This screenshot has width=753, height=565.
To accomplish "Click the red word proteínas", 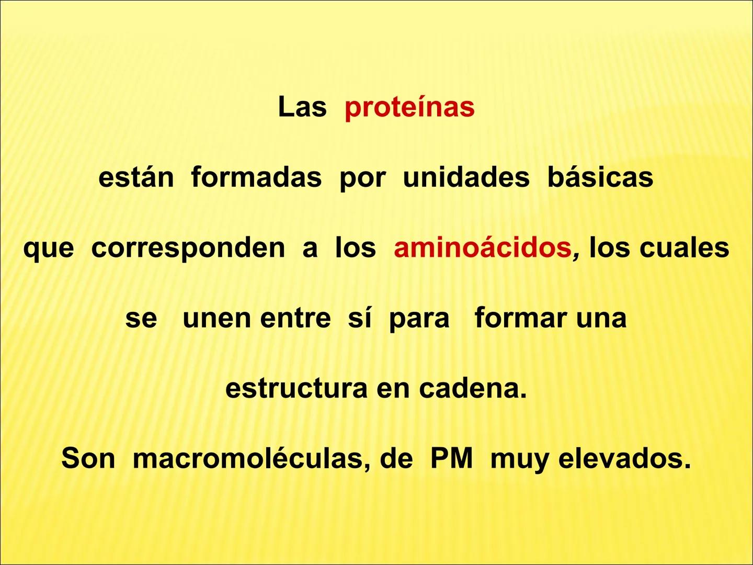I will tap(409, 107).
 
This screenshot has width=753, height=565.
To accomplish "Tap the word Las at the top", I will tap(302, 107).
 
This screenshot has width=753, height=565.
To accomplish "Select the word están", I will tap(136, 177).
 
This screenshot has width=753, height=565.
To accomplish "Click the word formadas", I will tap(256, 177).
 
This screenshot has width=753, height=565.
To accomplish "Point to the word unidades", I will tap(466, 177).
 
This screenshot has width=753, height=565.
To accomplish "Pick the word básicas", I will tap(600, 177).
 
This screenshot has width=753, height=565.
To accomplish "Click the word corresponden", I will tap(188, 248).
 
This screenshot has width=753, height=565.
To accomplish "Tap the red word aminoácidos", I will tap(483, 248).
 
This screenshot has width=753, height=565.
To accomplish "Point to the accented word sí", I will tap(360, 318).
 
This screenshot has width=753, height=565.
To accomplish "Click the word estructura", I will tap(296, 389).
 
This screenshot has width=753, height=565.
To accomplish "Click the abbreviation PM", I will tap(451, 459).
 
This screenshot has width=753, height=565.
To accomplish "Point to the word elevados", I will tap(624, 459).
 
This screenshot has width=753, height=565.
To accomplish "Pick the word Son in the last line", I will tap(88, 459).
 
